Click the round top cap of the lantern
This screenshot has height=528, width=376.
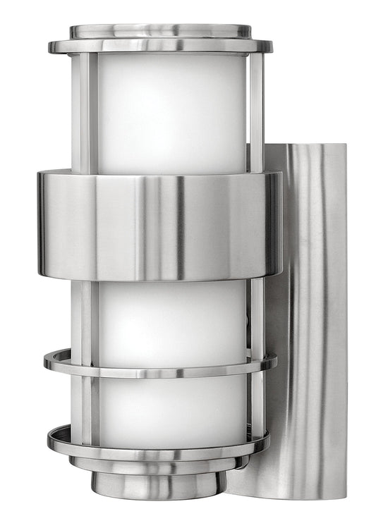tap(160, 32)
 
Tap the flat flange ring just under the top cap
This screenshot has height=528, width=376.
tap(160, 47)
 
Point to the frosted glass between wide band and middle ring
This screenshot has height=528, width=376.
tap(174, 314)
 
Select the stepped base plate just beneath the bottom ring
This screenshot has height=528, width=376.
tap(159, 465)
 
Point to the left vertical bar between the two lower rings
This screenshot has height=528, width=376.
tap(86, 402)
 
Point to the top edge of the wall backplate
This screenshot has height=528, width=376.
tap(310, 146)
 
